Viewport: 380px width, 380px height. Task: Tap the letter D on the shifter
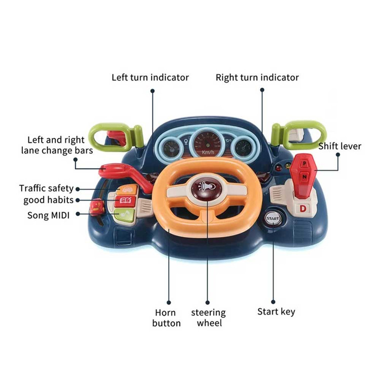coord(302,208)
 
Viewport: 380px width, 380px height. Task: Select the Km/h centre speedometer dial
coord(208,143)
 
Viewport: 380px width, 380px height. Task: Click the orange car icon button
coord(127,191)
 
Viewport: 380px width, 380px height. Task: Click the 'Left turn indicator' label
coord(150,78)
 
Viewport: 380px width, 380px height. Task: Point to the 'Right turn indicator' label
coord(257,78)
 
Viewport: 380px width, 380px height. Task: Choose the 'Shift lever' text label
coord(339,146)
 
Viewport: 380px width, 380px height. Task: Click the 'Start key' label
coord(276,312)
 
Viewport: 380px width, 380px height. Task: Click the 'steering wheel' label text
coord(208,318)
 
